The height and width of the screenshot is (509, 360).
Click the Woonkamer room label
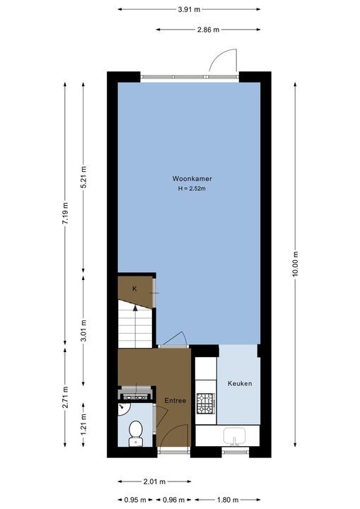(192, 179)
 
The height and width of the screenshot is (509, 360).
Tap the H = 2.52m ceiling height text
(192, 188)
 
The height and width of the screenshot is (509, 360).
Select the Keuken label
(240, 383)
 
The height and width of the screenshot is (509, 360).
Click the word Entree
(175, 401)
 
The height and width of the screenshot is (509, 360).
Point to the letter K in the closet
(134, 288)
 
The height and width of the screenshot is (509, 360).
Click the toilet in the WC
(135, 433)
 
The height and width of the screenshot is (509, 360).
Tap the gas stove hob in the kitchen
(206, 404)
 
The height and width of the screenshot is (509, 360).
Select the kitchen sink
(234, 436)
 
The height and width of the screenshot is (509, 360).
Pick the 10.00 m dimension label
(295, 264)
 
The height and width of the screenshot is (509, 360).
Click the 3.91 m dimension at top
(189, 9)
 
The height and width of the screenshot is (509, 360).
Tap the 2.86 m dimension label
(208, 30)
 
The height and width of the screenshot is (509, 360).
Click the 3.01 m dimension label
(83, 330)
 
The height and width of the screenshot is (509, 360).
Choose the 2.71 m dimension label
(65, 397)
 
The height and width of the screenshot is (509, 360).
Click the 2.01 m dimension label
(154, 481)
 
